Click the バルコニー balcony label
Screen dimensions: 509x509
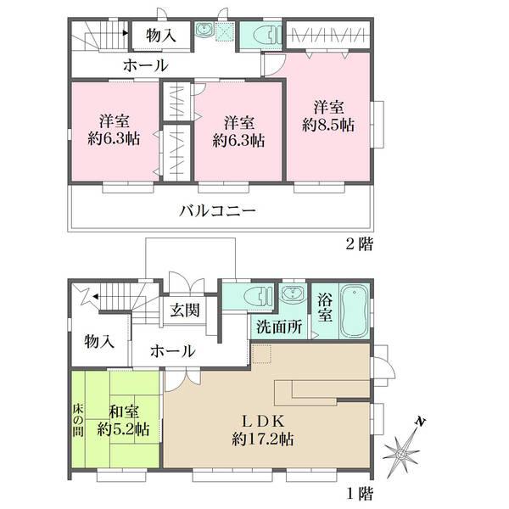tap(217, 211)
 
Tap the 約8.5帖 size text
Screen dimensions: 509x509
tap(328, 126)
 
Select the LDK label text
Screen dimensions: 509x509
tap(264, 422)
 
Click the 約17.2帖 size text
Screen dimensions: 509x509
tap(263, 439)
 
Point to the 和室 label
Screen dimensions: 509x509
tap(123, 412)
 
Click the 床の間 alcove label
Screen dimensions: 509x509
tap(78, 420)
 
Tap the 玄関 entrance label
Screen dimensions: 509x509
tap(185, 310)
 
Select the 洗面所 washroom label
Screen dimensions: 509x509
tap(279, 327)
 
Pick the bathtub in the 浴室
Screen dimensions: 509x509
tap(354, 311)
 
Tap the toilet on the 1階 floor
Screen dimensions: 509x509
tap(258, 296)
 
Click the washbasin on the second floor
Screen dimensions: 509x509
tap(204, 30)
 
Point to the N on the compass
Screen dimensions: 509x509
tap(421, 422)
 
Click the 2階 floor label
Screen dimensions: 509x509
tap(360, 243)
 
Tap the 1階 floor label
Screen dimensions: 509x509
tap(360, 494)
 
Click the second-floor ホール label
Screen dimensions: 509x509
tap(146, 66)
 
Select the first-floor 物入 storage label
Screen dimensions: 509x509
tap(99, 342)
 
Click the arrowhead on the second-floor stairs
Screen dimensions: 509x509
tap(126, 32)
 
